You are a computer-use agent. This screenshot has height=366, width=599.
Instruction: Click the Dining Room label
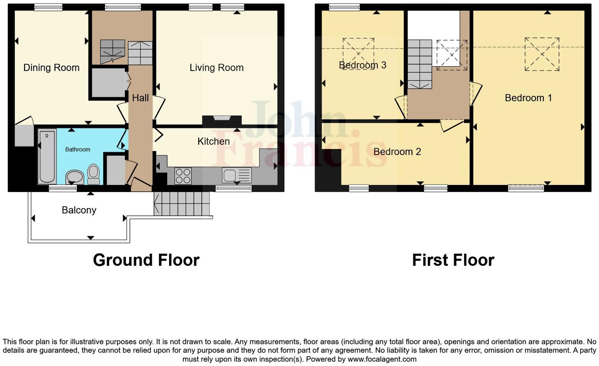(x=51, y=68)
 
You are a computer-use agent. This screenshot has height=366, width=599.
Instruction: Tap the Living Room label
(x=216, y=68)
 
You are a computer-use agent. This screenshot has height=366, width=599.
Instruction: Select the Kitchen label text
(x=213, y=141)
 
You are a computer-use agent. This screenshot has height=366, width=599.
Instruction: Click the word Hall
(x=140, y=98)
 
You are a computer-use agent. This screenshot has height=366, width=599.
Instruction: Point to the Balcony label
(x=79, y=210)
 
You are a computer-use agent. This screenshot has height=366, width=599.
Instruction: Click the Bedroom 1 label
(x=528, y=98)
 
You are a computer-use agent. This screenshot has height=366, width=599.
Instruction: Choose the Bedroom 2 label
(x=397, y=152)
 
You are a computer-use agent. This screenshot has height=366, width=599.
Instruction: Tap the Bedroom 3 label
(x=362, y=65)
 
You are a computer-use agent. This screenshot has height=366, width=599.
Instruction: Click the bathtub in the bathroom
(x=47, y=156)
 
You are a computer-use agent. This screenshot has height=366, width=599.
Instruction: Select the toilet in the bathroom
(x=93, y=174)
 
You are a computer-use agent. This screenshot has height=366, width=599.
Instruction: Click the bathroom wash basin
(x=74, y=177)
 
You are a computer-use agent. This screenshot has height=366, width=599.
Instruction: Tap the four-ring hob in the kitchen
(x=183, y=176)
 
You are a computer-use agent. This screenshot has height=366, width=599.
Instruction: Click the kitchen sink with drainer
(x=236, y=175)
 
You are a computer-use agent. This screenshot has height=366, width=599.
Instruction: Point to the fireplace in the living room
(x=221, y=120)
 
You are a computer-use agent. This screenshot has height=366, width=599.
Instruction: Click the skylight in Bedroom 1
(x=542, y=54)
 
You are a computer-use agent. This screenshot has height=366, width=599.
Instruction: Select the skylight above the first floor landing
(x=452, y=55)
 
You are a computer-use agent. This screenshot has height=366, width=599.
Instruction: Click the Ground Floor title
(x=146, y=260)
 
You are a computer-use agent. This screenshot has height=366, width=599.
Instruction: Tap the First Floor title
(x=453, y=260)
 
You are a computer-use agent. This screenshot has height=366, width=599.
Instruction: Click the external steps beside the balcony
(x=182, y=204)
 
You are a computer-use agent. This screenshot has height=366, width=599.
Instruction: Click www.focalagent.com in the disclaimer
(x=381, y=359)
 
